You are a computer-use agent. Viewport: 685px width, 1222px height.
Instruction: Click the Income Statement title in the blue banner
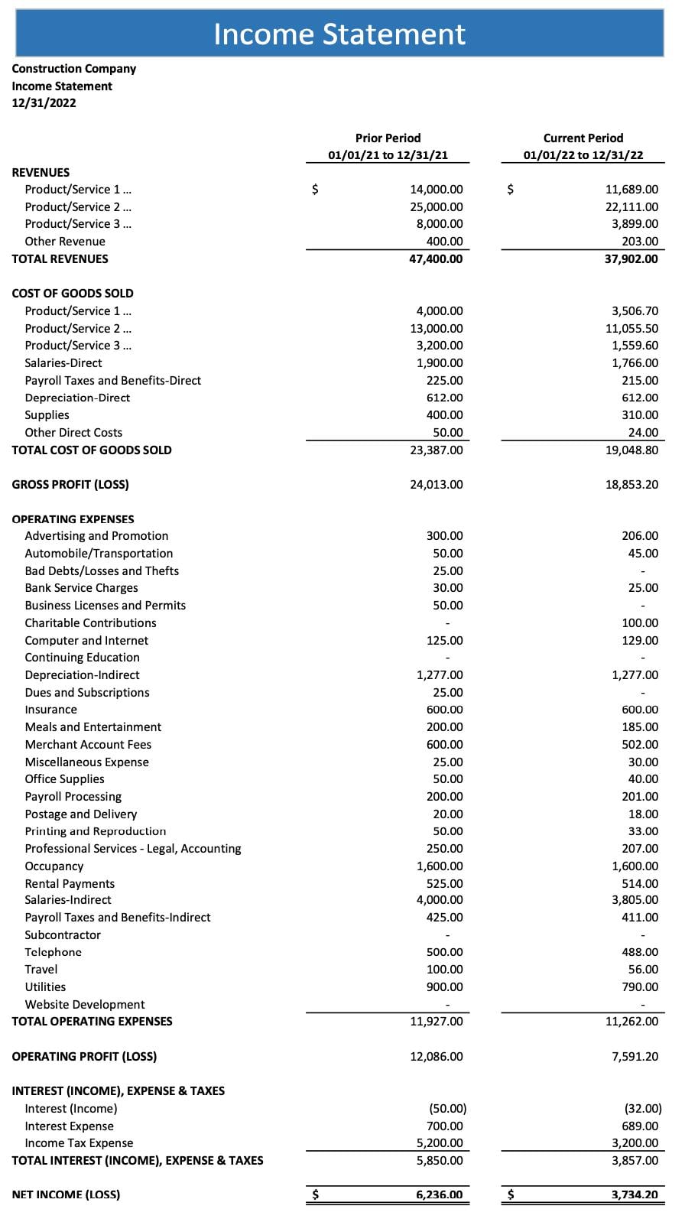tap(339, 34)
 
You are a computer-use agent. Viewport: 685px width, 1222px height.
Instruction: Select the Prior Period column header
tap(388, 138)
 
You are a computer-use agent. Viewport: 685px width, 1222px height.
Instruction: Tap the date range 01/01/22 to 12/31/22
tap(583, 155)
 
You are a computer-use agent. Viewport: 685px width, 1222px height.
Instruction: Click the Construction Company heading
tap(74, 69)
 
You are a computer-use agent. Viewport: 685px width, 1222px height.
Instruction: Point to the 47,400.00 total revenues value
tap(436, 259)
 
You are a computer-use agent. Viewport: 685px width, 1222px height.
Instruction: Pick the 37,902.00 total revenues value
tap(631, 259)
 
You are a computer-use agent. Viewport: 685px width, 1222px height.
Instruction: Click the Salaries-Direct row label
tap(63, 363)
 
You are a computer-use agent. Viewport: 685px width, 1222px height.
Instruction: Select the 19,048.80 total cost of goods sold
tap(631, 450)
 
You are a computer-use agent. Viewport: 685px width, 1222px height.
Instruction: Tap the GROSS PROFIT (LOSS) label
tap(70, 485)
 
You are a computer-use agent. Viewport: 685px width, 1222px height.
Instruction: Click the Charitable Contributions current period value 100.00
tap(640, 623)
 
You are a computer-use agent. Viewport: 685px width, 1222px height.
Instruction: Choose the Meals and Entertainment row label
tap(93, 727)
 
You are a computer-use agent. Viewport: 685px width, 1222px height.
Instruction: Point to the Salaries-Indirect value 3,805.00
tap(635, 900)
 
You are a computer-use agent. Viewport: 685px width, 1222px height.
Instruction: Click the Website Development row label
tap(84, 1005)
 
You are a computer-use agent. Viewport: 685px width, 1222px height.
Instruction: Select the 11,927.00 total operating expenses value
tap(436, 1022)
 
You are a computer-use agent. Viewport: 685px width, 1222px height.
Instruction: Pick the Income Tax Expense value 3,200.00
tap(635, 1143)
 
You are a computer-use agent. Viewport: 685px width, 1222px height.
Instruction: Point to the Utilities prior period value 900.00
tap(444, 987)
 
